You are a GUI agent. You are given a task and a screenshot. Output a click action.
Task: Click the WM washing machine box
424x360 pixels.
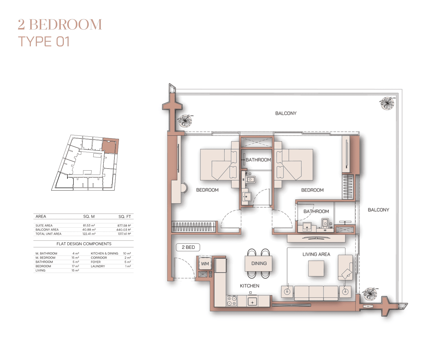[x=205, y=263]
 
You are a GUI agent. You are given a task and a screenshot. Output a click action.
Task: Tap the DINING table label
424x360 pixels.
[x=259, y=263]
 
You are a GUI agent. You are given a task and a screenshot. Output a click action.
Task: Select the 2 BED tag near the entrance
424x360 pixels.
[x=188, y=247]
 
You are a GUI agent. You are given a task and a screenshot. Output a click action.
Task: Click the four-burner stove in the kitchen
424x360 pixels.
[x=232, y=301]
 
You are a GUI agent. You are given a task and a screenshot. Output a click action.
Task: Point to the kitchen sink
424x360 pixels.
[x=252, y=302]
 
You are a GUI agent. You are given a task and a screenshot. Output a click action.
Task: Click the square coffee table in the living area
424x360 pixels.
[x=316, y=268]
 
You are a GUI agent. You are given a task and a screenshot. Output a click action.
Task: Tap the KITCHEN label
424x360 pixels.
[x=249, y=286]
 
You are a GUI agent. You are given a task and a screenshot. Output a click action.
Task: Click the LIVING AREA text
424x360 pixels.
[x=316, y=254]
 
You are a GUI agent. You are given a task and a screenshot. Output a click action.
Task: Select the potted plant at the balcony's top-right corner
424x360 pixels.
[x=387, y=103]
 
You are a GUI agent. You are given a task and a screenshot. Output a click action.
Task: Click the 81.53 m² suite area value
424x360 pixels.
[x=89, y=225]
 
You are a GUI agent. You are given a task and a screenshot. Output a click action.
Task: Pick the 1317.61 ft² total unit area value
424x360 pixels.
[x=124, y=234]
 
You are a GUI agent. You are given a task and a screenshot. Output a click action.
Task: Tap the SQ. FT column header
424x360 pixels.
[x=124, y=216]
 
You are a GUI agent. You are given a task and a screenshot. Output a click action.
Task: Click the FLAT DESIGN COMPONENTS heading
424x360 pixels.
[x=84, y=244]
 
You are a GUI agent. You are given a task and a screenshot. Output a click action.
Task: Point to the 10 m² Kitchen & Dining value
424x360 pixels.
[x=127, y=253]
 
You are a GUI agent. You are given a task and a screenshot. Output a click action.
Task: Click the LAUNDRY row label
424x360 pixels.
[x=98, y=266]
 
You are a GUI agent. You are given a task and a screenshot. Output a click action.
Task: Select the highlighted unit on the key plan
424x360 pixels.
[x=110, y=146]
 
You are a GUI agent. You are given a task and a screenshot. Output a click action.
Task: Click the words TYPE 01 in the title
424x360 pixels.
[x=44, y=42]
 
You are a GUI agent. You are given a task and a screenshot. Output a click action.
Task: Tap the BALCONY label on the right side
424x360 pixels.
[x=378, y=210]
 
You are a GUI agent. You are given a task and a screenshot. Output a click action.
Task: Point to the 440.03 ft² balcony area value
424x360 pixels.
[x=123, y=230]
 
